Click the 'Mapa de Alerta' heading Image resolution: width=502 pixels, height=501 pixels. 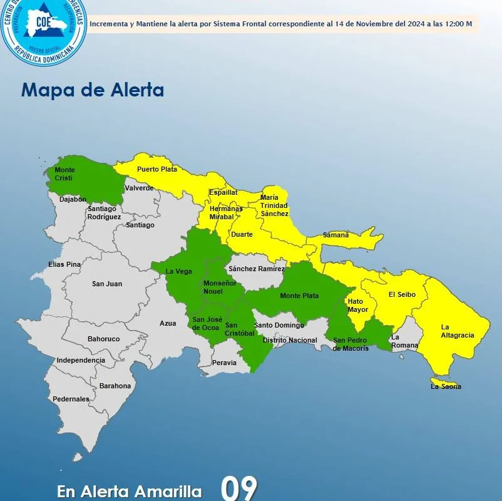93,90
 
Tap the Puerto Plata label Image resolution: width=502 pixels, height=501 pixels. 157,169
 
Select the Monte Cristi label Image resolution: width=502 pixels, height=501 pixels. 64,174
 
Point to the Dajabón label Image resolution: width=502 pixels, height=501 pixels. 73,199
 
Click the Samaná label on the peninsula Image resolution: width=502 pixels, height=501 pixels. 336,235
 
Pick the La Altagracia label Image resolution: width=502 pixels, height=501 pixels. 457,331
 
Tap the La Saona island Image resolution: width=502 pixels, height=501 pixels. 445,383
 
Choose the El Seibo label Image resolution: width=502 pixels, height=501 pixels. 402,294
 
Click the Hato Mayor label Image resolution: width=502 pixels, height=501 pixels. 358,305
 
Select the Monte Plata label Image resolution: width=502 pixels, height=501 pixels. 299,296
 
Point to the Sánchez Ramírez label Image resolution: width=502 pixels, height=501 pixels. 257,269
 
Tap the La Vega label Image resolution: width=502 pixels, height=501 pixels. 178,271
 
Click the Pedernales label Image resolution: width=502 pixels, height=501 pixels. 71,399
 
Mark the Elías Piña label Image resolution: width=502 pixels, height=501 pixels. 64,264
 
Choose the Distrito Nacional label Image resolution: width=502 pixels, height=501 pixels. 290,340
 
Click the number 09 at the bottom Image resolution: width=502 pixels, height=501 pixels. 238,488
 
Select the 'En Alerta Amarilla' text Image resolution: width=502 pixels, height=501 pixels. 130,491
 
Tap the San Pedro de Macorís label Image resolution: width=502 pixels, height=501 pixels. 351,344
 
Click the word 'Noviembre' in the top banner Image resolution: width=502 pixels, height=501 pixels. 374,24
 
